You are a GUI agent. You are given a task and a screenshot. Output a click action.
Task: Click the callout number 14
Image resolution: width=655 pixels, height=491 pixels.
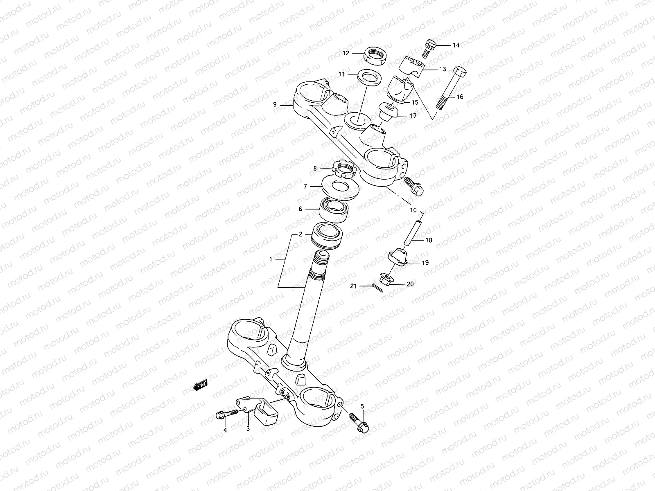click(444, 45)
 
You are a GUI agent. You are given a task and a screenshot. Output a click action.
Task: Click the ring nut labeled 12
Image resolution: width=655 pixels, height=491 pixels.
click(375, 55)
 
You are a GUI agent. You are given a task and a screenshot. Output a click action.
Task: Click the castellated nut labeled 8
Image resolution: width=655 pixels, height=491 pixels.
click(346, 168)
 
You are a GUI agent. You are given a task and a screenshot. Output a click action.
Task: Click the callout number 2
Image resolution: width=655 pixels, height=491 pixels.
click(300, 235)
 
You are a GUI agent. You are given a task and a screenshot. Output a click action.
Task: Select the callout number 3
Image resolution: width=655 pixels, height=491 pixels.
click(248, 429)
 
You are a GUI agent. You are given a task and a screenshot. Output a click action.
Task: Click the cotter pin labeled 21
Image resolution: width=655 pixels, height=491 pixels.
click(377, 288)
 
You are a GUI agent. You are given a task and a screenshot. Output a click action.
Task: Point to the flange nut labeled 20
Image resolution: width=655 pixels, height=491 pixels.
click(386, 280)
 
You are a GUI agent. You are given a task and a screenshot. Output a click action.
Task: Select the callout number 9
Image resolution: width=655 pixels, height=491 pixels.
click(275, 105)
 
